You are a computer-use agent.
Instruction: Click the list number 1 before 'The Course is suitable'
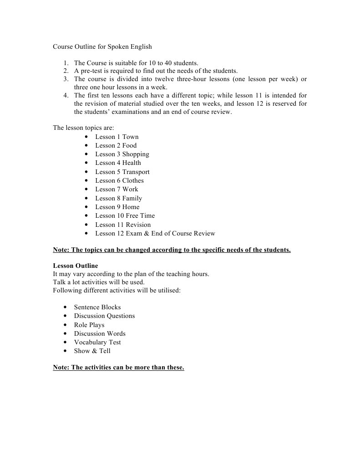coord(66,63)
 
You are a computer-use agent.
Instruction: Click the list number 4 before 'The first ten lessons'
coord(66,95)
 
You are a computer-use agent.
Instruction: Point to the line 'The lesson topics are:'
coord(83,128)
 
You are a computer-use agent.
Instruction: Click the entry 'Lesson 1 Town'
coord(117,137)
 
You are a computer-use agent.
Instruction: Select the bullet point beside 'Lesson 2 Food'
coord(86,146)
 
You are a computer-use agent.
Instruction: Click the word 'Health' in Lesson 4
coord(132,163)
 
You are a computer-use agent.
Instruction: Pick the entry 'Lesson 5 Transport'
coord(122,172)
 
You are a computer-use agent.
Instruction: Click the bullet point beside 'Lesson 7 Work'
coord(86,189)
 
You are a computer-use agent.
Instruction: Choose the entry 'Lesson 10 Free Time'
coord(125,215)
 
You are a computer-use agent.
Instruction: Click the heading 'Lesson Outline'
coord(75,266)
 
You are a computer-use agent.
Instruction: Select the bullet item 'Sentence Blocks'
coord(97,307)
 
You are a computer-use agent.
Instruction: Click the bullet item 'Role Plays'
coord(89,325)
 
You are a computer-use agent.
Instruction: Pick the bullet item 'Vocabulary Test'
coord(97,342)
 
